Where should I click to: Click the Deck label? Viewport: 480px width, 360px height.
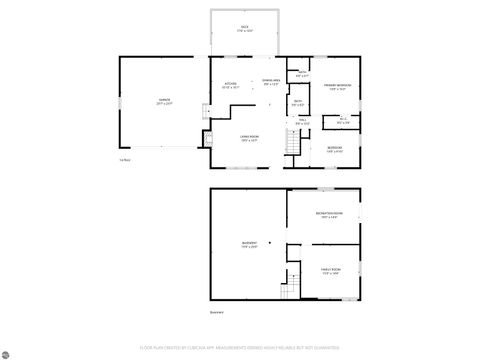click(x=245, y=28)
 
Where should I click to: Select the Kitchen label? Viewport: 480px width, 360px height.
click(x=230, y=84)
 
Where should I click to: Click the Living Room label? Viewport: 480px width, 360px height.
click(x=249, y=139)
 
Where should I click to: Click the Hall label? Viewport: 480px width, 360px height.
click(x=303, y=122)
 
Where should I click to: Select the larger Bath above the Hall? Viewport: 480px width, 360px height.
click(x=298, y=102)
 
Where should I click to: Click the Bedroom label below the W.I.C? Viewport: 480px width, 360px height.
click(x=335, y=149)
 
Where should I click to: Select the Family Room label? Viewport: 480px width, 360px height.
click(x=331, y=270)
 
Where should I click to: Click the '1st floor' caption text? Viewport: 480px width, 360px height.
click(x=125, y=160)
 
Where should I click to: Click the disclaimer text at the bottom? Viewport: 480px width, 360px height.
click(x=240, y=348)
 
